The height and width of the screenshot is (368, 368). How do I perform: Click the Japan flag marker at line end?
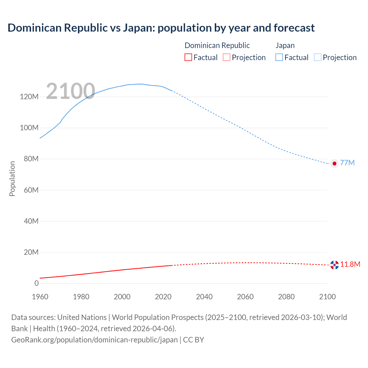coord(334,163)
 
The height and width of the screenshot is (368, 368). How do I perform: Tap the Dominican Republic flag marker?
coord(334,265)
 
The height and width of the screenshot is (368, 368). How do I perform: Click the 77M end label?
coord(347,163)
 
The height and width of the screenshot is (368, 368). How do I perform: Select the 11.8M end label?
coord(350,264)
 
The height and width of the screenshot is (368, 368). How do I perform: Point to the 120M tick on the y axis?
coord(29,97)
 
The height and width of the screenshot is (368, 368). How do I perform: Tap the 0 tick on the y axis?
coord(37,283)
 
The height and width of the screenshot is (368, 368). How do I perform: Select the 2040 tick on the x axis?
coord(204,297)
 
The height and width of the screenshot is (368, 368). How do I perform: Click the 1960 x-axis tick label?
coord(40,297)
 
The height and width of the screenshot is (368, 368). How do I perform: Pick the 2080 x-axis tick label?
coord(286,297)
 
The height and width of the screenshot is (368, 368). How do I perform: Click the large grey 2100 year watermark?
coord(70,91)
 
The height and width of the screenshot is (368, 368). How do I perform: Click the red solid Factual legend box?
coord(188,57)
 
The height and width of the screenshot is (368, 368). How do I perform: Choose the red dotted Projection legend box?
coord(227,57)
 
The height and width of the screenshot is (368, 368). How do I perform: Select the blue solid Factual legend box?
coord(279,57)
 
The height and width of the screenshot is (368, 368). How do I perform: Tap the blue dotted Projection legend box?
coord(317,57)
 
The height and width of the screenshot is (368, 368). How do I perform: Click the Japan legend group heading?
coord(285,45)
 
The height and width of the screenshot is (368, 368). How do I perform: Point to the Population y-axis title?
coord(12,179)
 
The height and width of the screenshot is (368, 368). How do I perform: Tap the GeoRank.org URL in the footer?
coord(94,340)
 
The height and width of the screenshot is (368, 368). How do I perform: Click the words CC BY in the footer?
coord(193,340)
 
